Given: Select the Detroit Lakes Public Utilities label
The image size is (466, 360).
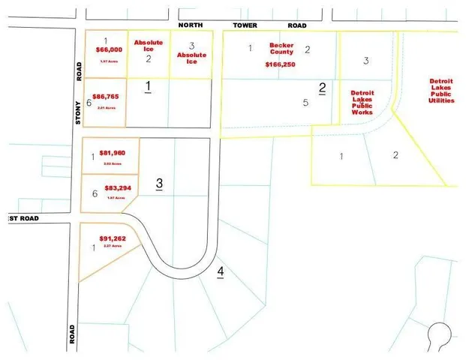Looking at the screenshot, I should [x=440, y=90].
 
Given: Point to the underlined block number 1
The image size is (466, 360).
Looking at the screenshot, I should [x=149, y=87].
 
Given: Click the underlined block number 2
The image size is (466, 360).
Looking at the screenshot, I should [x=322, y=88].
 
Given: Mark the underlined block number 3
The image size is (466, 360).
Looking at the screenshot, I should [x=158, y=183].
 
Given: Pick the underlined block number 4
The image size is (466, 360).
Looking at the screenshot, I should [x=221, y=271].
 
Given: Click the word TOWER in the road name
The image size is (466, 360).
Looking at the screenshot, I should [x=245, y=25].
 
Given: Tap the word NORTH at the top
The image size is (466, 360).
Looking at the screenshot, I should [x=192, y=25].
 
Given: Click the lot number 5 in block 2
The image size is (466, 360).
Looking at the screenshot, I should [x=305, y=103].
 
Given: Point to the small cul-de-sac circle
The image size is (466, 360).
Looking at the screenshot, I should [x=437, y=333].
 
